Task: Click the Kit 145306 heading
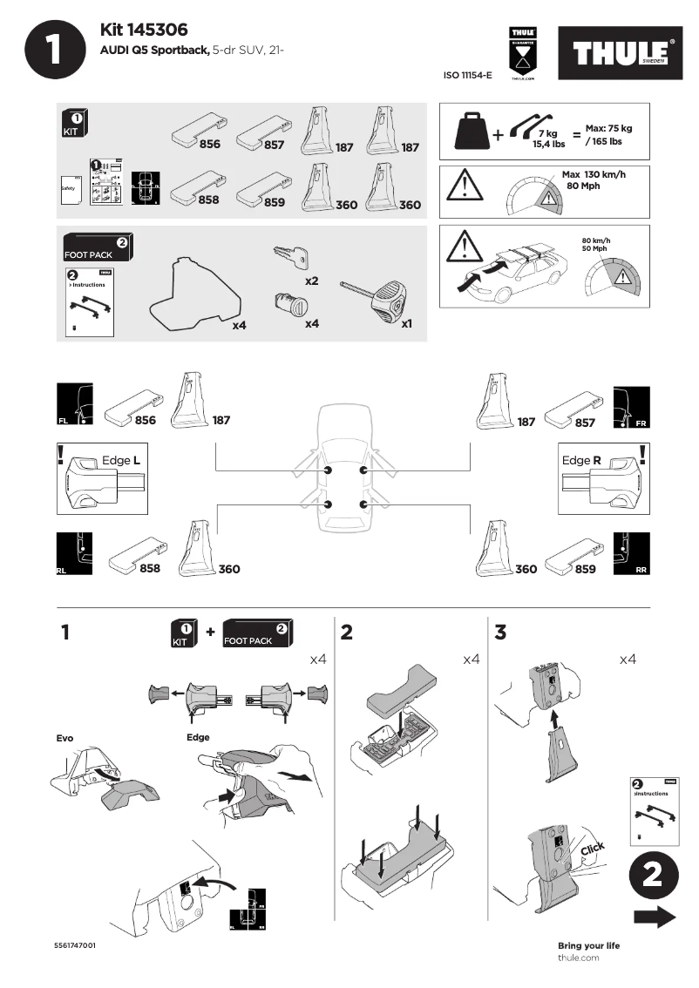(144, 31)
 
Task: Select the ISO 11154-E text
(468, 77)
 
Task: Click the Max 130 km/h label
(594, 174)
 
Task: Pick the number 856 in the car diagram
(146, 421)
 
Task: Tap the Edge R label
(581, 460)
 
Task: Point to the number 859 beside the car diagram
(585, 569)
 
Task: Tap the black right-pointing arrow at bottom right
(655, 917)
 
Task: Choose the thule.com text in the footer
(579, 958)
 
